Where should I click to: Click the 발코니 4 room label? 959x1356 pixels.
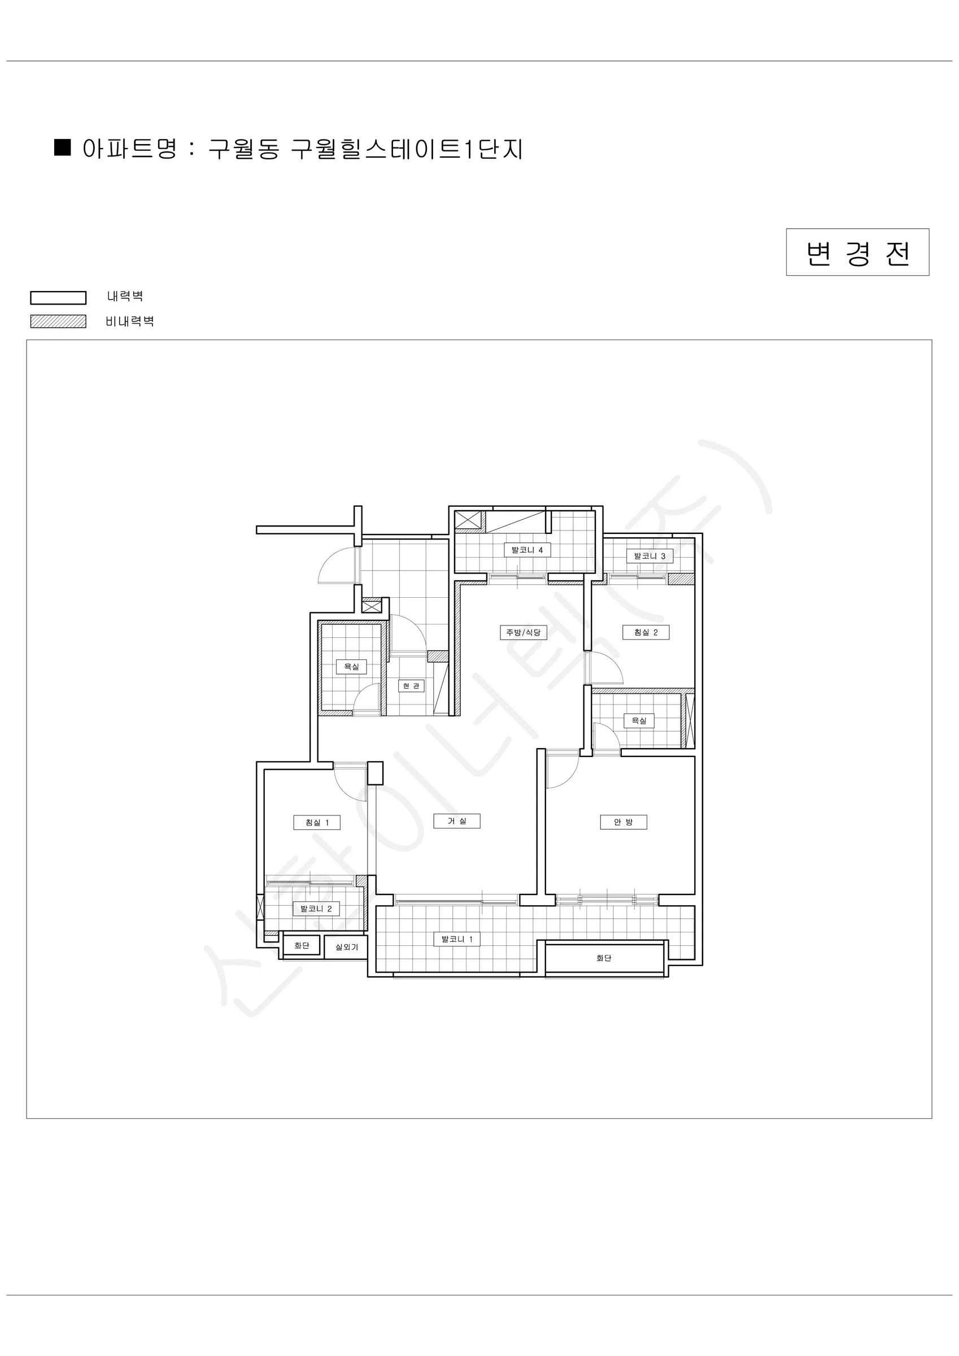(527, 550)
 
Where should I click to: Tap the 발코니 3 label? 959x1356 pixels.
(649, 556)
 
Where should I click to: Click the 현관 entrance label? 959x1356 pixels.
(411, 686)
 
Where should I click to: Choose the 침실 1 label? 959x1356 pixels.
(317, 823)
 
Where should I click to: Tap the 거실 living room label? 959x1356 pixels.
(457, 821)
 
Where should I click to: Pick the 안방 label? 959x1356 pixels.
(624, 822)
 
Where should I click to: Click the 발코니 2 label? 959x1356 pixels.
(316, 909)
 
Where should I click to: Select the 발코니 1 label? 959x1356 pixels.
(457, 939)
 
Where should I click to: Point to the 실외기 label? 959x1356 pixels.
(347, 947)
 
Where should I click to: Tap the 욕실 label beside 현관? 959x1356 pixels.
(351, 667)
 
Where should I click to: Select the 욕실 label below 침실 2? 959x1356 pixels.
(639, 720)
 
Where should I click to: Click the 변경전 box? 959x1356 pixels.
(857, 252)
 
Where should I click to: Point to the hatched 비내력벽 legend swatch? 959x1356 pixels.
(59, 321)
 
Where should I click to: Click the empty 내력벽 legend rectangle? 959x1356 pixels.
(59, 298)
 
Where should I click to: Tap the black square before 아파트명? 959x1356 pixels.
(63, 147)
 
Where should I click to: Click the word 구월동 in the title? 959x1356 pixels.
(244, 149)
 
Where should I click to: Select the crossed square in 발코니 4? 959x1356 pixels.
(468, 520)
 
